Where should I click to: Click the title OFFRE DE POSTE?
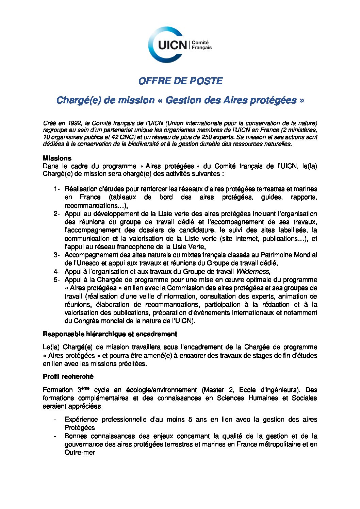pos(180,81)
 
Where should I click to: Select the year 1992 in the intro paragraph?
pos(74,123)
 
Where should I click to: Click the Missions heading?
pos(57,158)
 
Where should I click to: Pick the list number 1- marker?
pos(56,189)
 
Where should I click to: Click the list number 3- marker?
pos(56,255)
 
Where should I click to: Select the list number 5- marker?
pos(56,280)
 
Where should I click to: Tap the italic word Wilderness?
pos(252,272)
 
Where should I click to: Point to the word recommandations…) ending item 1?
pos(96,206)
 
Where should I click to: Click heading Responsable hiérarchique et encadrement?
pos(110,334)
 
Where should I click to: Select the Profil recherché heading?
pos(68,377)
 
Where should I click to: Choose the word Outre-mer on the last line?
pos(80,453)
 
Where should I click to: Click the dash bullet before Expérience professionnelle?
pos(55,420)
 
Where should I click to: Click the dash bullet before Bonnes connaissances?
pos(55,436)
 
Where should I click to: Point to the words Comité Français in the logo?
pos(201,45)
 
